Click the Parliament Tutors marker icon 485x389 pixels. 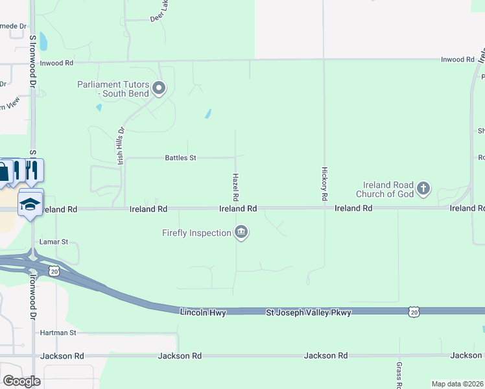pyautogui.click(x=160, y=88)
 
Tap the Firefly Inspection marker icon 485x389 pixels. pyautogui.click(x=241, y=232)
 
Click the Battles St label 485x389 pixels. pyautogui.click(x=180, y=158)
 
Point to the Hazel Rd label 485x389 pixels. pyautogui.click(x=236, y=187)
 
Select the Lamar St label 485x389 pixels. pyautogui.click(x=54, y=241)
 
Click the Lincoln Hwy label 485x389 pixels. pyautogui.click(x=202, y=312)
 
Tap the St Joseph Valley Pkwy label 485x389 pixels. pyautogui.click(x=309, y=312)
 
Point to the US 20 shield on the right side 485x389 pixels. pyautogui.click(x=414, y=312)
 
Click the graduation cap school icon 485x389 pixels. pyautogui.click(x=30, y=204)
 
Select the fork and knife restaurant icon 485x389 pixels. pyautogui.click(x=31, y=170)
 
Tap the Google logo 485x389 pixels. pyautogui.click(x=21, y=381)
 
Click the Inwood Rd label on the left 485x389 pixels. pyautogui.click(x=57, y=63)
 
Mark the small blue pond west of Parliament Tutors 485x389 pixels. pyautogui.click(x=99, y=108)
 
